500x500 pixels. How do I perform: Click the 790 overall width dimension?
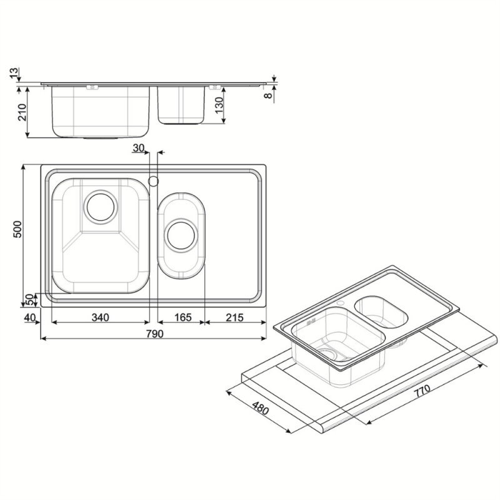tap(154, 333)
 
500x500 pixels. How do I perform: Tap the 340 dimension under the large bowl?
tap(100, 317)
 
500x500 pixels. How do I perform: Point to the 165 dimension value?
tap(182, 317)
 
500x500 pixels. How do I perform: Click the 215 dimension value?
tap(234, 317)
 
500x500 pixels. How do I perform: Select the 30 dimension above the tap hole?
tap(139, 148)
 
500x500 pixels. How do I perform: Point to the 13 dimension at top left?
tap(15, 74)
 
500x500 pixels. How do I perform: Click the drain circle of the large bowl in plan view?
tap(100, 206)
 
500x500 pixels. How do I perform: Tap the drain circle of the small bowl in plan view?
tap(181, 235)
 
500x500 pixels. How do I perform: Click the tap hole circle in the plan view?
tap(152, 181)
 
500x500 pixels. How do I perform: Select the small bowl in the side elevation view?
tap(182, 105)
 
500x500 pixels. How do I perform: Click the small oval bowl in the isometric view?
tap(381, 311)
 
